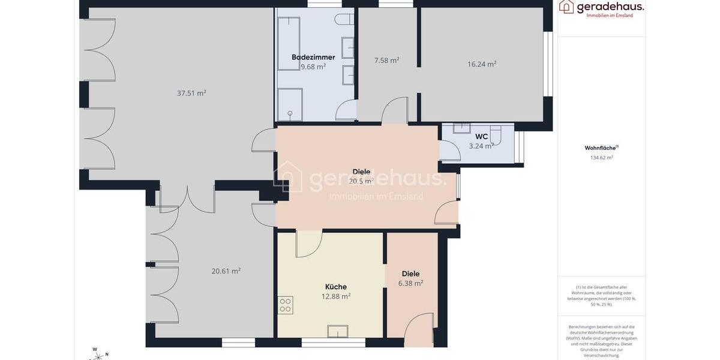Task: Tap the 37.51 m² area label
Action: (191, 93)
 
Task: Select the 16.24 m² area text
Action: (482, 64)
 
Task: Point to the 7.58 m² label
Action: (386, 60)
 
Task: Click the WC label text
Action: (482, 136)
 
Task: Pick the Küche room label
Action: (336, 286)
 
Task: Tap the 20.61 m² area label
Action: (226, 271)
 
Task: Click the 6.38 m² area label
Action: (410, 283)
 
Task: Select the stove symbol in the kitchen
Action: (286, 305)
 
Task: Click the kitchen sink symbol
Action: (337, 331)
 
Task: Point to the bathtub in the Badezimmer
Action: (289, 43)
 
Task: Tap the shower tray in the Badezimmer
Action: (290, 104)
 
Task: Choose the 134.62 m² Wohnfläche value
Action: (601, 158)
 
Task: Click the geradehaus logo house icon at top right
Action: (566, 7)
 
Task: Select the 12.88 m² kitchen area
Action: (336, 296)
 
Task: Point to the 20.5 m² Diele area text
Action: (361, 181)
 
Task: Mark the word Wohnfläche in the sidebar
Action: (601, 148)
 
